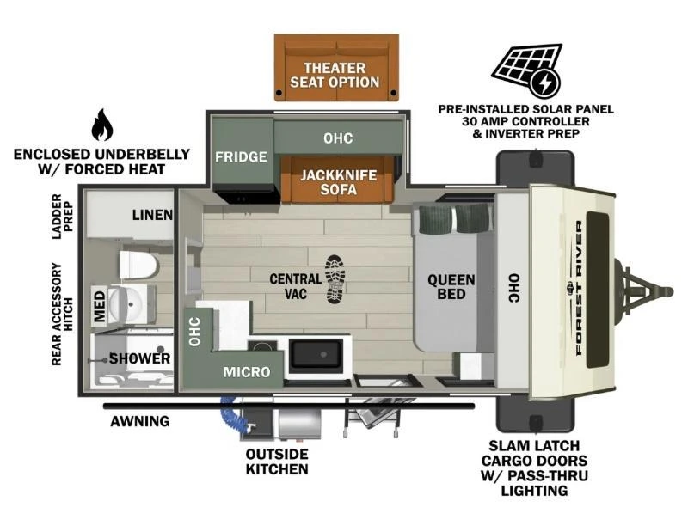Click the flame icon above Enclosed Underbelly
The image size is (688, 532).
[x=101, y=125]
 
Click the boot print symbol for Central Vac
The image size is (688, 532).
[x=335, y=280]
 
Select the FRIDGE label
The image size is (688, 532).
[x=241, y=157]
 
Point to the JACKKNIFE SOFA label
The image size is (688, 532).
[x=338, y=180]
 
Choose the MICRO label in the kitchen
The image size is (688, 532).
[x=247, y=372]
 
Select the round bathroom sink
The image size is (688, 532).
[x=130, y=303]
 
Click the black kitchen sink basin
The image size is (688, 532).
[x=317, y=354]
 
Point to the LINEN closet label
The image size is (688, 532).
[x=152, y=215]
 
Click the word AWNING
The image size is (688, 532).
[x=139, y=421]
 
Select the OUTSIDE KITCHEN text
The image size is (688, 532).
[x=277, y=461]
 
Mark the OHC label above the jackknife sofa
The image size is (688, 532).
[x=337, y=138]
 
